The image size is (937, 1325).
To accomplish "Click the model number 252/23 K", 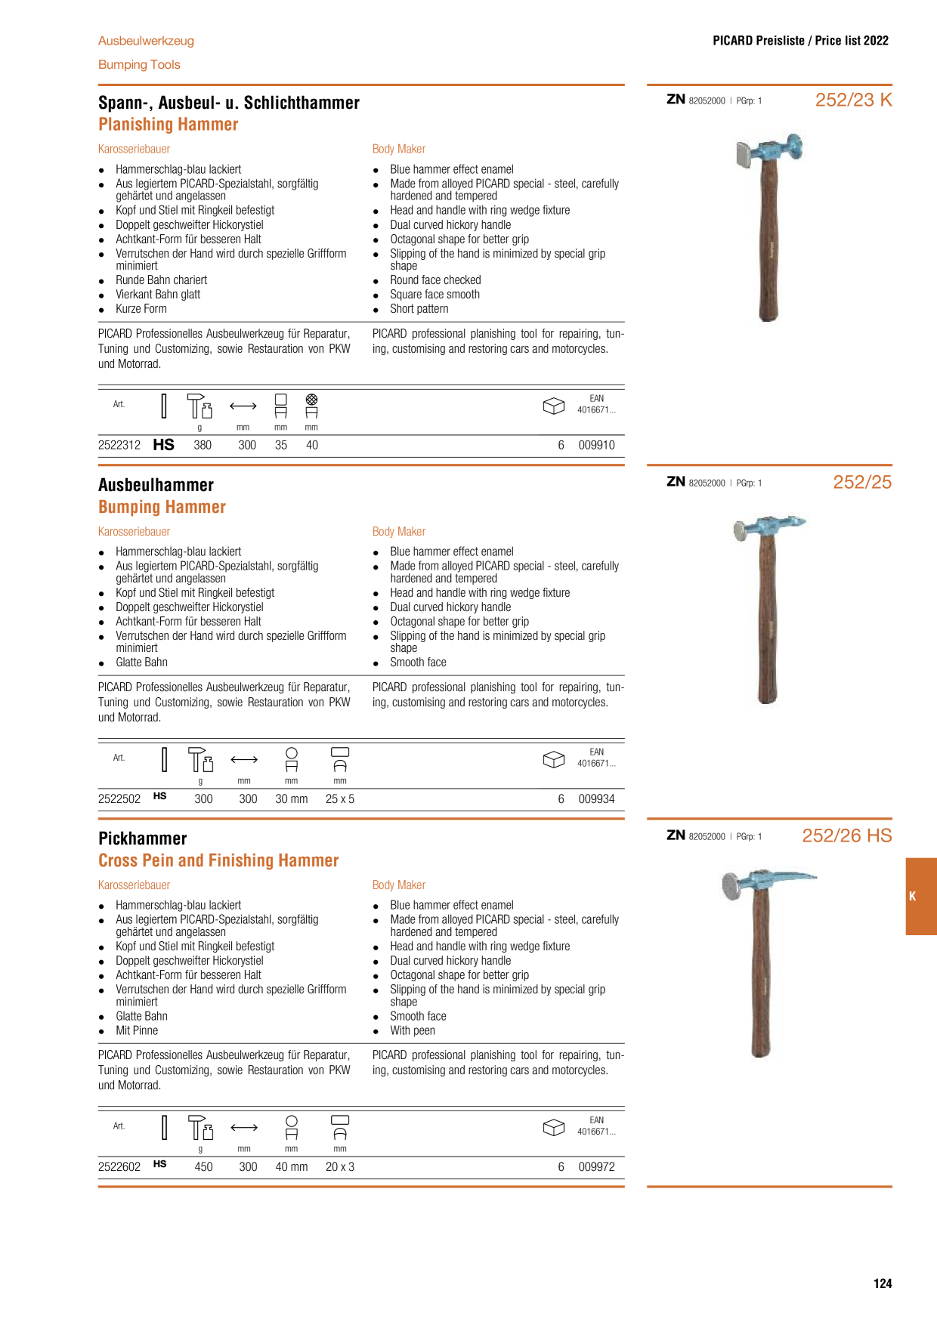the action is pos(853,100).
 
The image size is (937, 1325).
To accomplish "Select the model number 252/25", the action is pos(862,482).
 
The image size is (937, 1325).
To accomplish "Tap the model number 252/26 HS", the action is pos(847,835).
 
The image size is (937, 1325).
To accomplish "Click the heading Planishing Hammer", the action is pos(169,125).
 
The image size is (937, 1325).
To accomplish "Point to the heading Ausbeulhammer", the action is pos(156,485).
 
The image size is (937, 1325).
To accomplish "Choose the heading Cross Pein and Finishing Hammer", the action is pos(218,860).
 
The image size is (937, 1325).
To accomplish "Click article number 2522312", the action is pos(119,446).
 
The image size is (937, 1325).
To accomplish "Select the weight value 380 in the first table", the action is pos(203,446).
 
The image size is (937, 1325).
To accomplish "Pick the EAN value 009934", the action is pos(597,799).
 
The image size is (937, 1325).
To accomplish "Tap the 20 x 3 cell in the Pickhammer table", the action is pos(340,1167).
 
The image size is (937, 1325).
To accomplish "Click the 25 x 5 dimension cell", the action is pos(340,799).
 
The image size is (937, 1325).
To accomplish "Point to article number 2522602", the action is pos(119,1167).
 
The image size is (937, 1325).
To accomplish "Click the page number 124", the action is pos(883,1283).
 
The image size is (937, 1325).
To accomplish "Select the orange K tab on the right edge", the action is pos(921,897).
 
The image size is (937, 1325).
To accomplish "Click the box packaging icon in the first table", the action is pos(554,406).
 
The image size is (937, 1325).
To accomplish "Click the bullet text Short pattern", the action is pos(419,309).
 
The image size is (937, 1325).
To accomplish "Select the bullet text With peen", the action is pos(413,1031).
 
